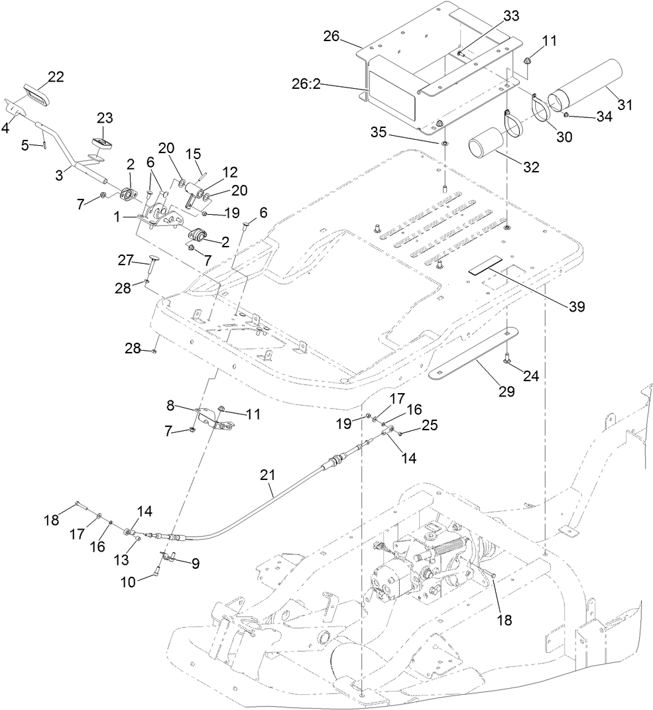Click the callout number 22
(56, 77)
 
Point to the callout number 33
(494, 14)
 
